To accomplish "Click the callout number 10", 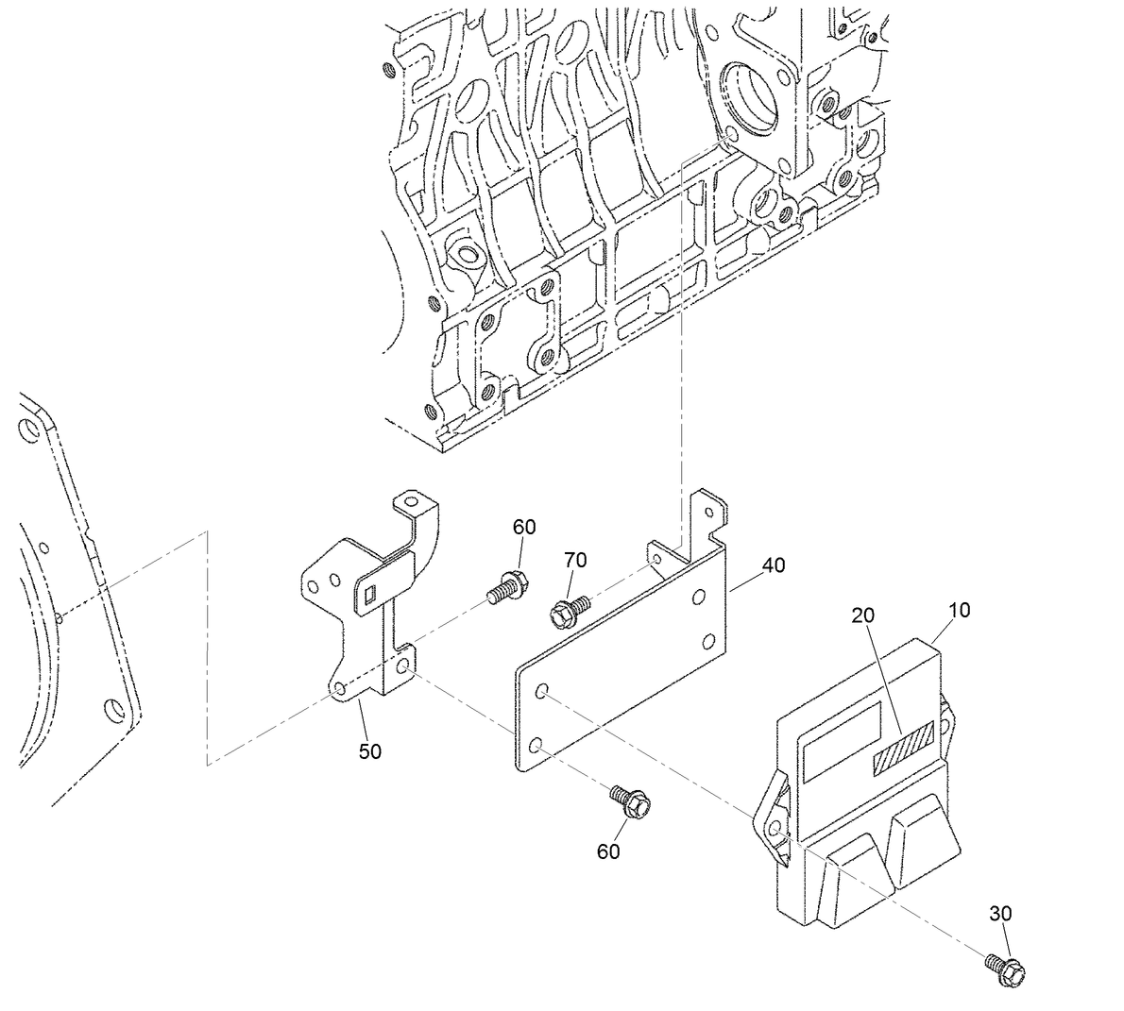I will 959,610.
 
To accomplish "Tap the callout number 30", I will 1000,913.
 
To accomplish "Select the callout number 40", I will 774,565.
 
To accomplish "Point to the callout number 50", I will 369,751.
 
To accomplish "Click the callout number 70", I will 575,560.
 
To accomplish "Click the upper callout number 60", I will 524,526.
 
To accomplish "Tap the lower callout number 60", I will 608,851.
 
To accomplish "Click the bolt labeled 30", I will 1005,969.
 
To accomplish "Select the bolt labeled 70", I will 567,610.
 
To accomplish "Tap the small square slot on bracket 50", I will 369,594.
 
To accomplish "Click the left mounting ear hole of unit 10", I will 774,828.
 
